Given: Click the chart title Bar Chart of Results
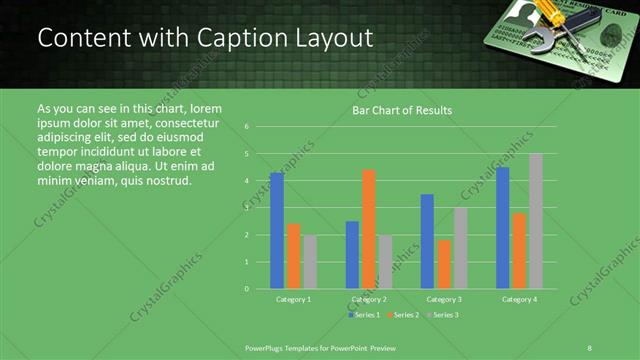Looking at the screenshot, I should [402, 110].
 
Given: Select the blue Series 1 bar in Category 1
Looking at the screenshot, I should [277, 230].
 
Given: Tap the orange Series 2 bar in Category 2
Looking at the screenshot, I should [369, 229].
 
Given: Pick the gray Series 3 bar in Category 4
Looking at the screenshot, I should [536, 221].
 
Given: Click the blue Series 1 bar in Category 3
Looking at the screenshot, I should [427, 241].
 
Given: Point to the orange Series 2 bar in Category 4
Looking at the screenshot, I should [519, 250].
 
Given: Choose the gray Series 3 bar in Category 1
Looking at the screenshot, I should [310, 262].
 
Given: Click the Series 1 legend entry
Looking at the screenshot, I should [365, 315].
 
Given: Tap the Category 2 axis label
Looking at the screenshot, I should [369, 299].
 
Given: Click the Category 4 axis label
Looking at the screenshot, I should [519, 299].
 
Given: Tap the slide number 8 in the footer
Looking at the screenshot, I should [590, 347].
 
